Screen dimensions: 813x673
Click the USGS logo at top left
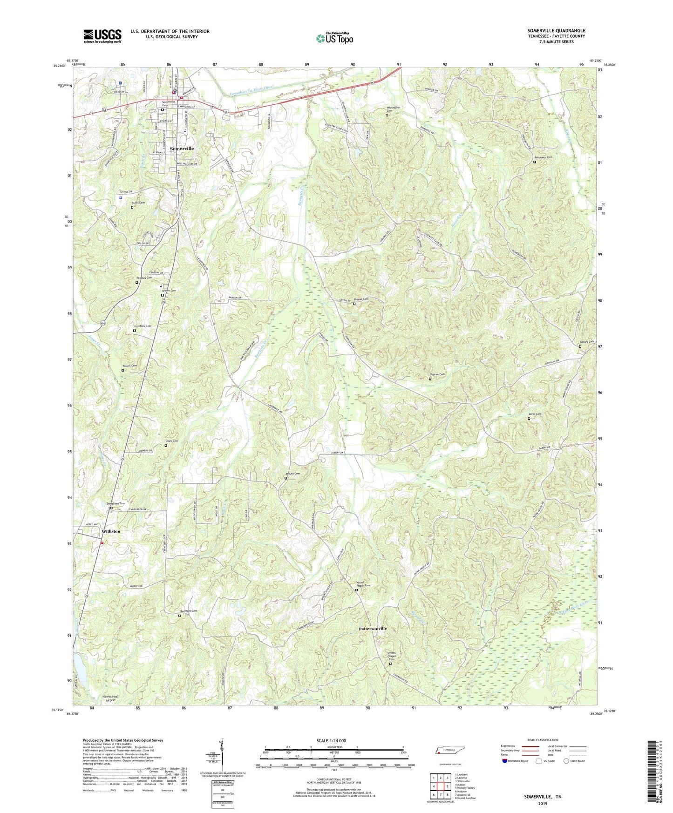click(x=102, y=36)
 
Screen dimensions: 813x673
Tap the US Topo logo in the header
click(x=334, y=38)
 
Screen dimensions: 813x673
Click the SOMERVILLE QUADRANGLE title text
click(x=556, y=31)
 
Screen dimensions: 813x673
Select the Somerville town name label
click(x=182, y=149)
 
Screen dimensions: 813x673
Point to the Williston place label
click(x=111, y=531)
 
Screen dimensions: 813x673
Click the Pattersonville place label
click(x=373, y=629)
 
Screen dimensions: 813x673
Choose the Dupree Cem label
click(x=437, y=374)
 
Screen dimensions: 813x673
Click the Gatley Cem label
click(x=587, y=342)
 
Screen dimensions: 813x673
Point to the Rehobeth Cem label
click(x=543, y=157)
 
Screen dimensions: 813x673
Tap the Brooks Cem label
click(x=361, y=299)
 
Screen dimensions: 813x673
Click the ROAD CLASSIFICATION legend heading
click(x=543, y=740)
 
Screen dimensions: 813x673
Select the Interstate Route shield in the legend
click(x=505, y=761)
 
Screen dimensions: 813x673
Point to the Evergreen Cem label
click(x=116, y=503)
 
